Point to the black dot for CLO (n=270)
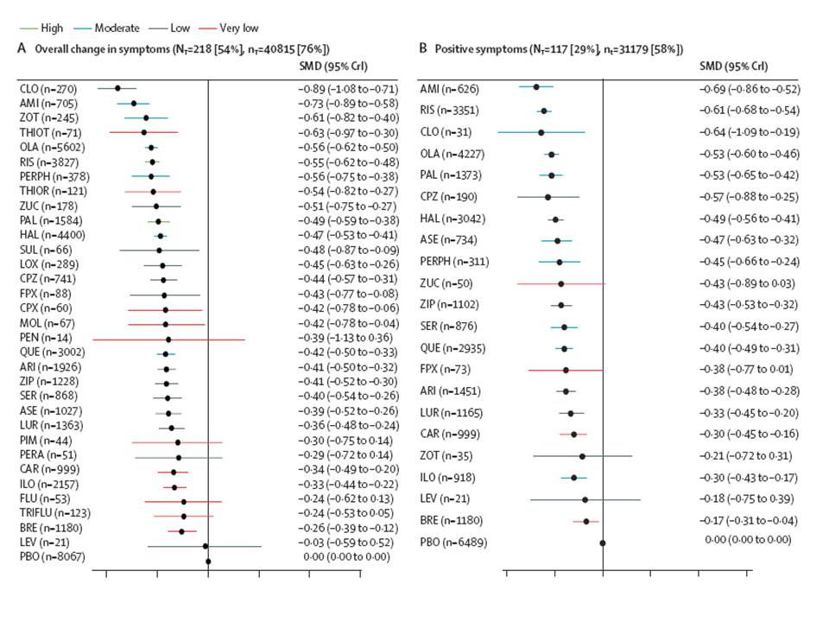coord(117,88)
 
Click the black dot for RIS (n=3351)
coord(544,111)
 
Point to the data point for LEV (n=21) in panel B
coord(585,499)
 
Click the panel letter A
coord(22,49)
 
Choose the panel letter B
coord(422,49)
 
